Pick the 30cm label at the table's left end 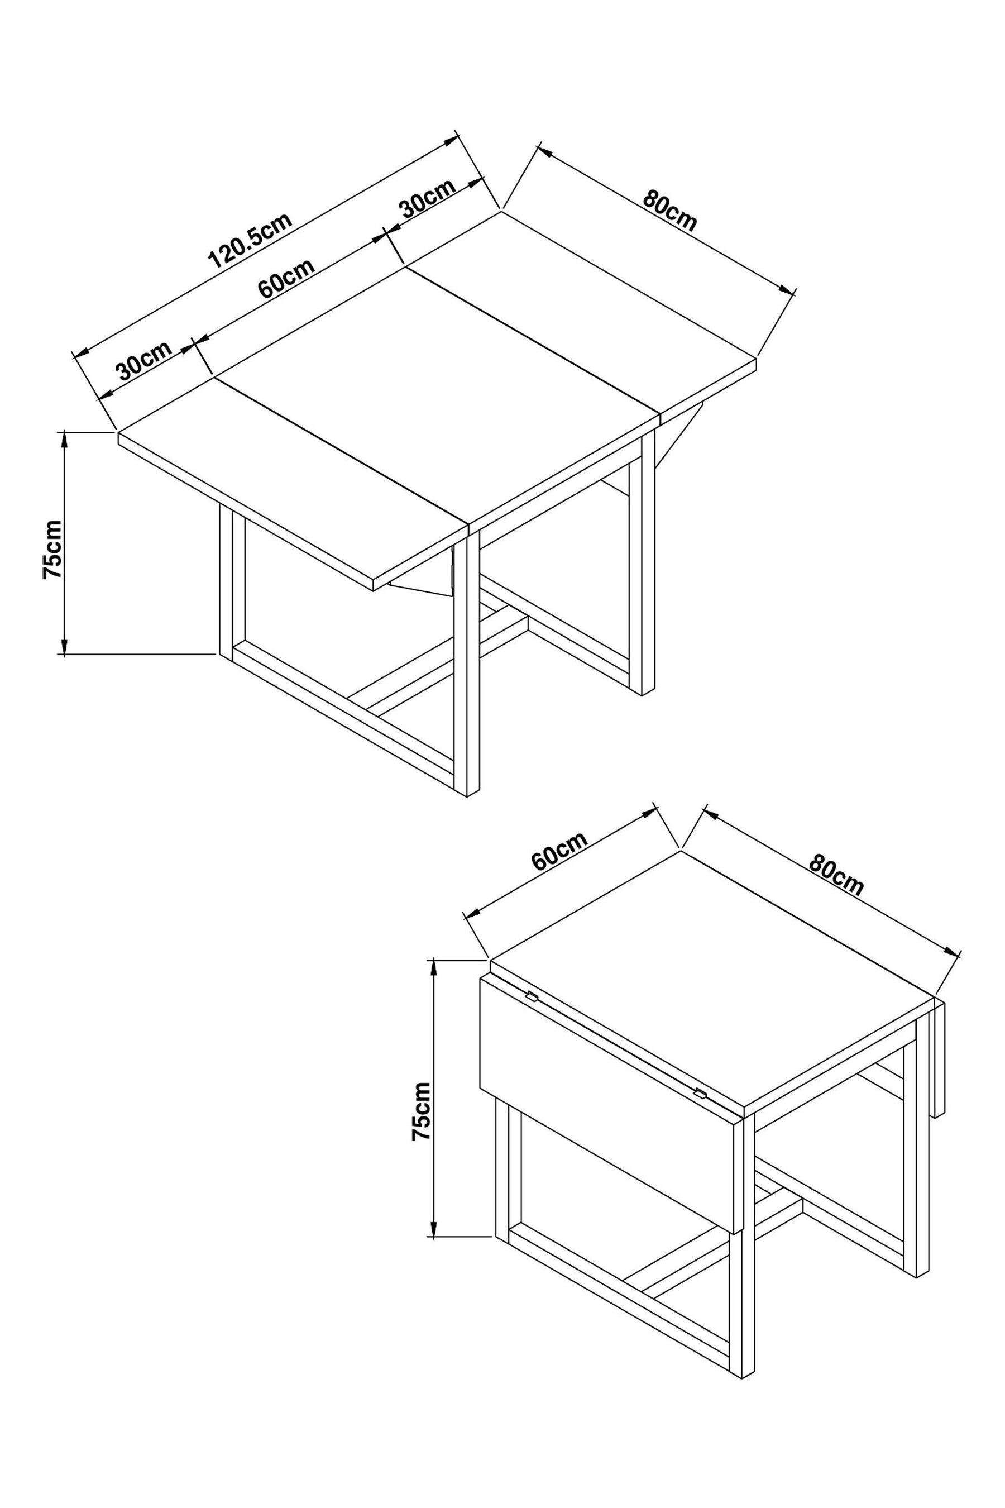144,360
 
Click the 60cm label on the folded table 559,851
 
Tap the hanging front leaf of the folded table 609,1109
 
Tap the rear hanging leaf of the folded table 940,1058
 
